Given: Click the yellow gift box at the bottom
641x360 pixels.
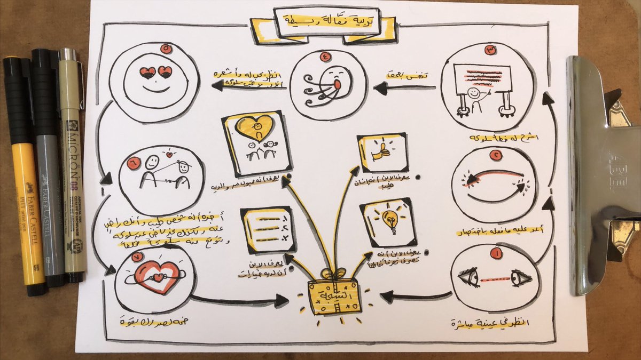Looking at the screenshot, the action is [334, 297].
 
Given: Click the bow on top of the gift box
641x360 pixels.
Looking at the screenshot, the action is [334, 275].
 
